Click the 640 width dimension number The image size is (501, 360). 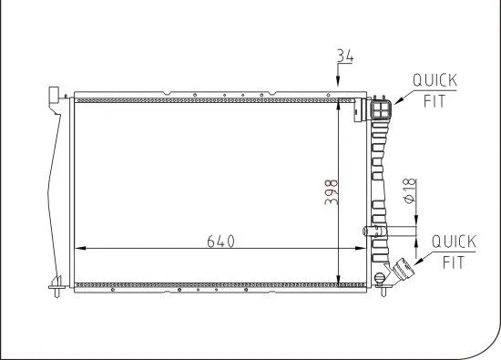click(x=220, y=241)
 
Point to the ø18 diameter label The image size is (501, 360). click(x=409, y=191)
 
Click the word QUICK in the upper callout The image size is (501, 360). click(x=435, y=81)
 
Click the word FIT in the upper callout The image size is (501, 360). click(x=435, y=101)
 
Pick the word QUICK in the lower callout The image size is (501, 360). click(x=454, y=242)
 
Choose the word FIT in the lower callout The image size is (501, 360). click(x=454, y=262)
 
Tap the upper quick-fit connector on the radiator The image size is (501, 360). click(x=383, y=109)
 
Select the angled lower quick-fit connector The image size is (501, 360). click(x=400, y=272)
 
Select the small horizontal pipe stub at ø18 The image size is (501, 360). click(x=369, y=231)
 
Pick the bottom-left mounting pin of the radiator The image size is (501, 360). click(x=57, y=290)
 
